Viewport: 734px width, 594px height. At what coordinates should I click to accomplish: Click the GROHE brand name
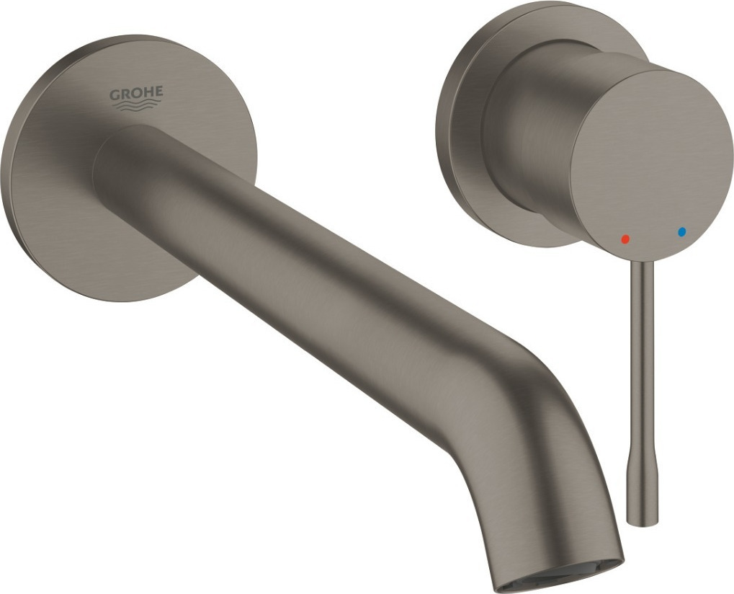(136, 94)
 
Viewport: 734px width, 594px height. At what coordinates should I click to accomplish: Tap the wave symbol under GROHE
(136, 107)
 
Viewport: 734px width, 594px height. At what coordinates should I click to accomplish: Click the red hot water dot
(625, 238)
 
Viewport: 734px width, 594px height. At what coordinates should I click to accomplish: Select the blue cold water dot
(681, 232)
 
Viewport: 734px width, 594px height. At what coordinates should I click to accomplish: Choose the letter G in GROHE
(114, 94)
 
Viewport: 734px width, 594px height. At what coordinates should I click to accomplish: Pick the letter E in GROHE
(158, 92)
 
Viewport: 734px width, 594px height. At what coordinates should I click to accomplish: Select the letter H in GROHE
(148, 92)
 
